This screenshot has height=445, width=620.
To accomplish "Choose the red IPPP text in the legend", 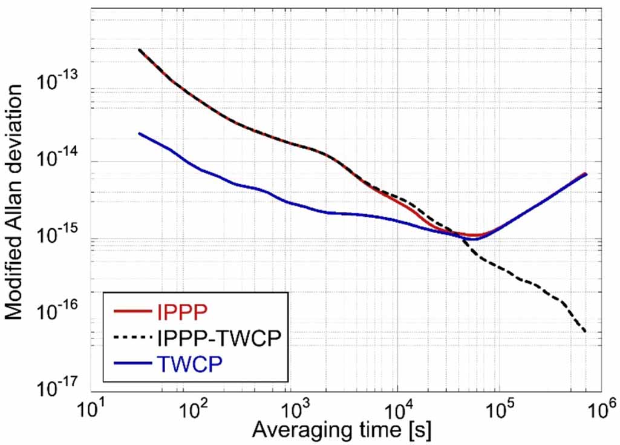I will (x=181, y=312).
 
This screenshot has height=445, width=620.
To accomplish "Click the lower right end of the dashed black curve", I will (x=586, y=331).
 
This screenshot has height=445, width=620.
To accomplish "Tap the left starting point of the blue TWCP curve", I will (x=139, y=133).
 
